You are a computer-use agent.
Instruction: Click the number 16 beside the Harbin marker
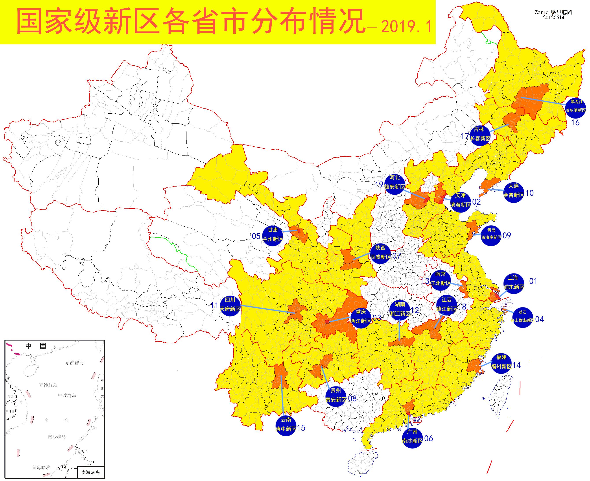(575, 123)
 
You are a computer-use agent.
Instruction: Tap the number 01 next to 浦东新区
(533, 281)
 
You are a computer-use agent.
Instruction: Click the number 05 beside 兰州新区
(256, 236)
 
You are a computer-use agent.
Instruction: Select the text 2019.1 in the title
(406, 27)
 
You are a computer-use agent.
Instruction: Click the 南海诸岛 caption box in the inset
(90, 472)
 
